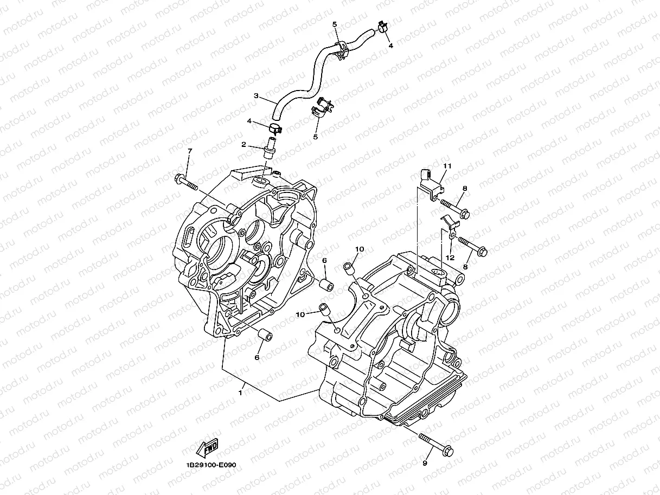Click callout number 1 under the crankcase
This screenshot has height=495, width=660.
[x=240, y=392]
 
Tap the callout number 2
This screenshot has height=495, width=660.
[x=244, y=145]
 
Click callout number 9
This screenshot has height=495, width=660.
[x=425, y=463]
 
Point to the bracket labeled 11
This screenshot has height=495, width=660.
[x=432, y=183]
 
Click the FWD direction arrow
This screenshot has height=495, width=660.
[x=207, y=448]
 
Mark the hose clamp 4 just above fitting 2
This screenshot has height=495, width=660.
[x=275, y=128]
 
